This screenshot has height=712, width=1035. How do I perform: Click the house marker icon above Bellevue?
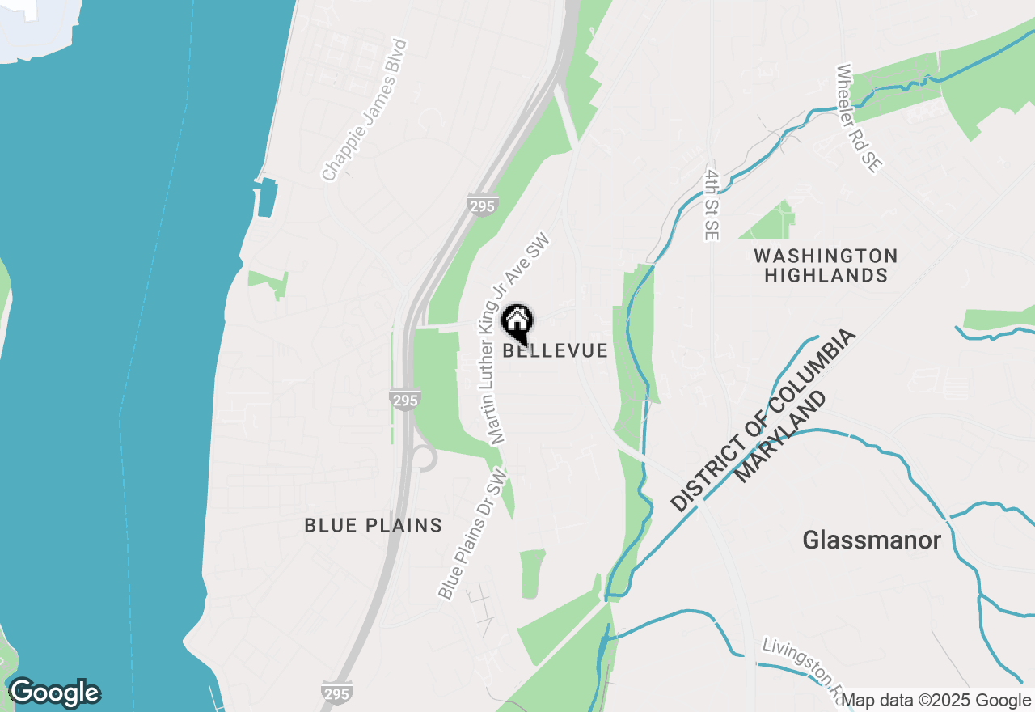point(517,324)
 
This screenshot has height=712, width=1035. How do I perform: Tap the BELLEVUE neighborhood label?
point(555,350)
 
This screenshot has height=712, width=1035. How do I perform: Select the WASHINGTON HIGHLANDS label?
point(826,265)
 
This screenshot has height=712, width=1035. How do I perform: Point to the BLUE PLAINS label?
point(374,525)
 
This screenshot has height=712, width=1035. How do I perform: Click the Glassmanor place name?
point(872,540)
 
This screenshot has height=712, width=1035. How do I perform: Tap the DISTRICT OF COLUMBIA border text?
point(763,420)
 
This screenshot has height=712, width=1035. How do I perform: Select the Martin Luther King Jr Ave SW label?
point(517,340)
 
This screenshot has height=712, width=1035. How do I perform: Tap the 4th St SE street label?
point(712,205)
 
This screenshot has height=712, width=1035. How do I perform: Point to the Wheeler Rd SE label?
point(858,119)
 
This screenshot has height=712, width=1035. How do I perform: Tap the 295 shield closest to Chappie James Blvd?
point(481,206)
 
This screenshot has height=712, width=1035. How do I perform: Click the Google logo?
point(54,693)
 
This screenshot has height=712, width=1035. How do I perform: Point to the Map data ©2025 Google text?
point(936,701)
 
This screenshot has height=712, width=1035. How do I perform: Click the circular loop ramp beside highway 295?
point(424,457)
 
